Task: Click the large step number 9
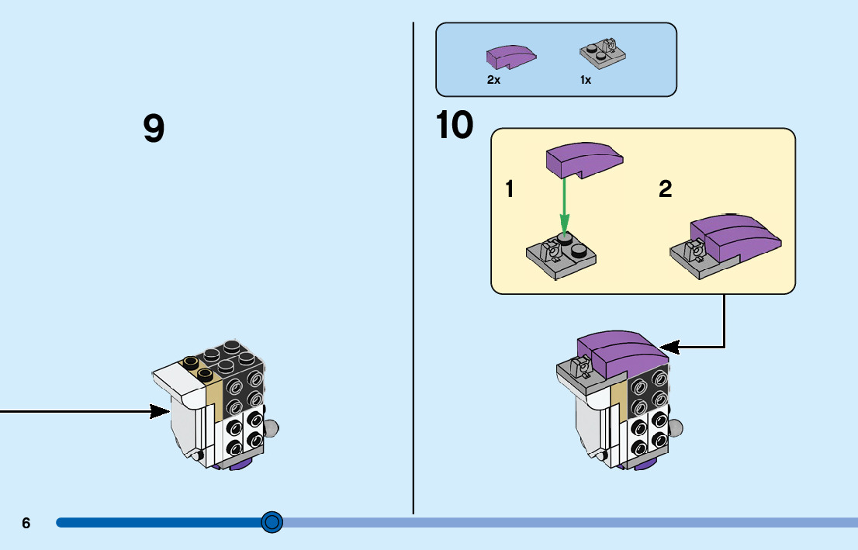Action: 154,129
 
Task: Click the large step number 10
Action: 455,126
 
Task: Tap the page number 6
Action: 26,523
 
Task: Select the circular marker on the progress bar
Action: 272,522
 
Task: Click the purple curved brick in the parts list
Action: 510,57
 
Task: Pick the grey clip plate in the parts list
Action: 603,54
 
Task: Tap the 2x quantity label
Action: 493,80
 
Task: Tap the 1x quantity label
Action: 586,80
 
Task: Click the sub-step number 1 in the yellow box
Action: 510,189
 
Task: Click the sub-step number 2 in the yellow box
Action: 665,189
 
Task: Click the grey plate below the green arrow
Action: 560,251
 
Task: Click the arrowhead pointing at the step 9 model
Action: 162,411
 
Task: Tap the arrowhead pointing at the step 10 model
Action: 668,347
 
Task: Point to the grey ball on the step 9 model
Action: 272,427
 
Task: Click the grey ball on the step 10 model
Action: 676,427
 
